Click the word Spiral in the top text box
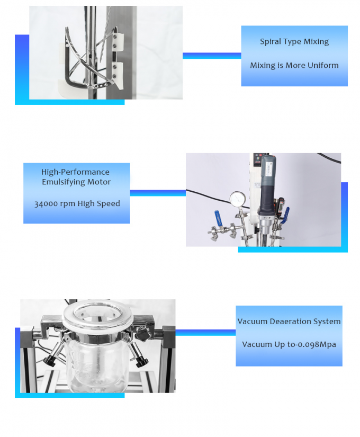click(x=271, y=41)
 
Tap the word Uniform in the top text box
click(x=322, y=65)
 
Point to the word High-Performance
click(x=76, y=172)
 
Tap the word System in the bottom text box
click(x=328, y=321)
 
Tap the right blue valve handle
click(x=286, y=215)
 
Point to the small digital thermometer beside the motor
click(x=281, y=204)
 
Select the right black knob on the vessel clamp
click(x=140, y=362)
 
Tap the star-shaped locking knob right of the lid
click(x=141, y=334)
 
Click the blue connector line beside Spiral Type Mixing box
click(x=212, y=56)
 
